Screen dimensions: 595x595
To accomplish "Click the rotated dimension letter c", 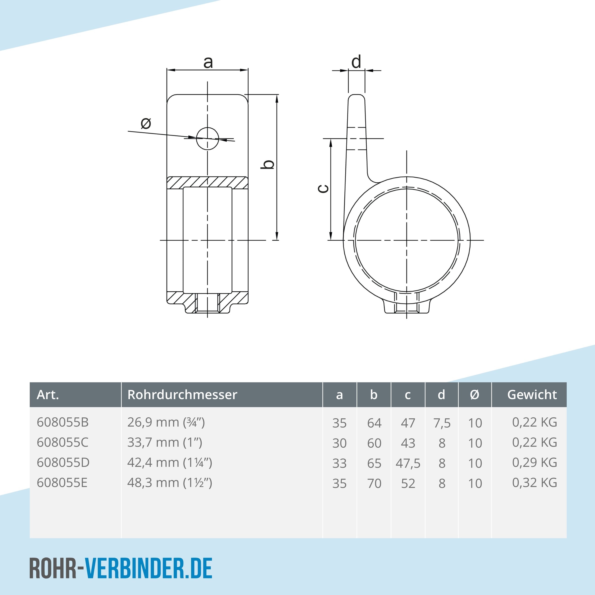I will point(323,189).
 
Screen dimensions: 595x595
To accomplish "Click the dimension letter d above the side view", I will point(356,62).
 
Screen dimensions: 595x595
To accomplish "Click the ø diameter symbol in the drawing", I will point(146,123).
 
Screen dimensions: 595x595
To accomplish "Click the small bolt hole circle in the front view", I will point(207,139).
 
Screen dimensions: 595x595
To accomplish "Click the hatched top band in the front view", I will point(207,183).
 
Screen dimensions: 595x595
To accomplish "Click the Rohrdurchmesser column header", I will point(182,395).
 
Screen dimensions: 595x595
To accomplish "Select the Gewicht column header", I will point(532,395).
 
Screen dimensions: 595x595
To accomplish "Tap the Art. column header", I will point(48,395).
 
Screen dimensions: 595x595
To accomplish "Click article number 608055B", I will point(62,422).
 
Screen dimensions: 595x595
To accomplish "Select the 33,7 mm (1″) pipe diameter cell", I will point(165,442).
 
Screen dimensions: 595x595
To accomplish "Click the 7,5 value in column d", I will point(442,423).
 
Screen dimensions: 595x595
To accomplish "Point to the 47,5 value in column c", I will point(408,463).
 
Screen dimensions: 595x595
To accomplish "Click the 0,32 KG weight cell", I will point(534,483).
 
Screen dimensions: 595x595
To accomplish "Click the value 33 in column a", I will point(339,463).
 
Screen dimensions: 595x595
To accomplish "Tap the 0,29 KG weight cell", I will point(534,462).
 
